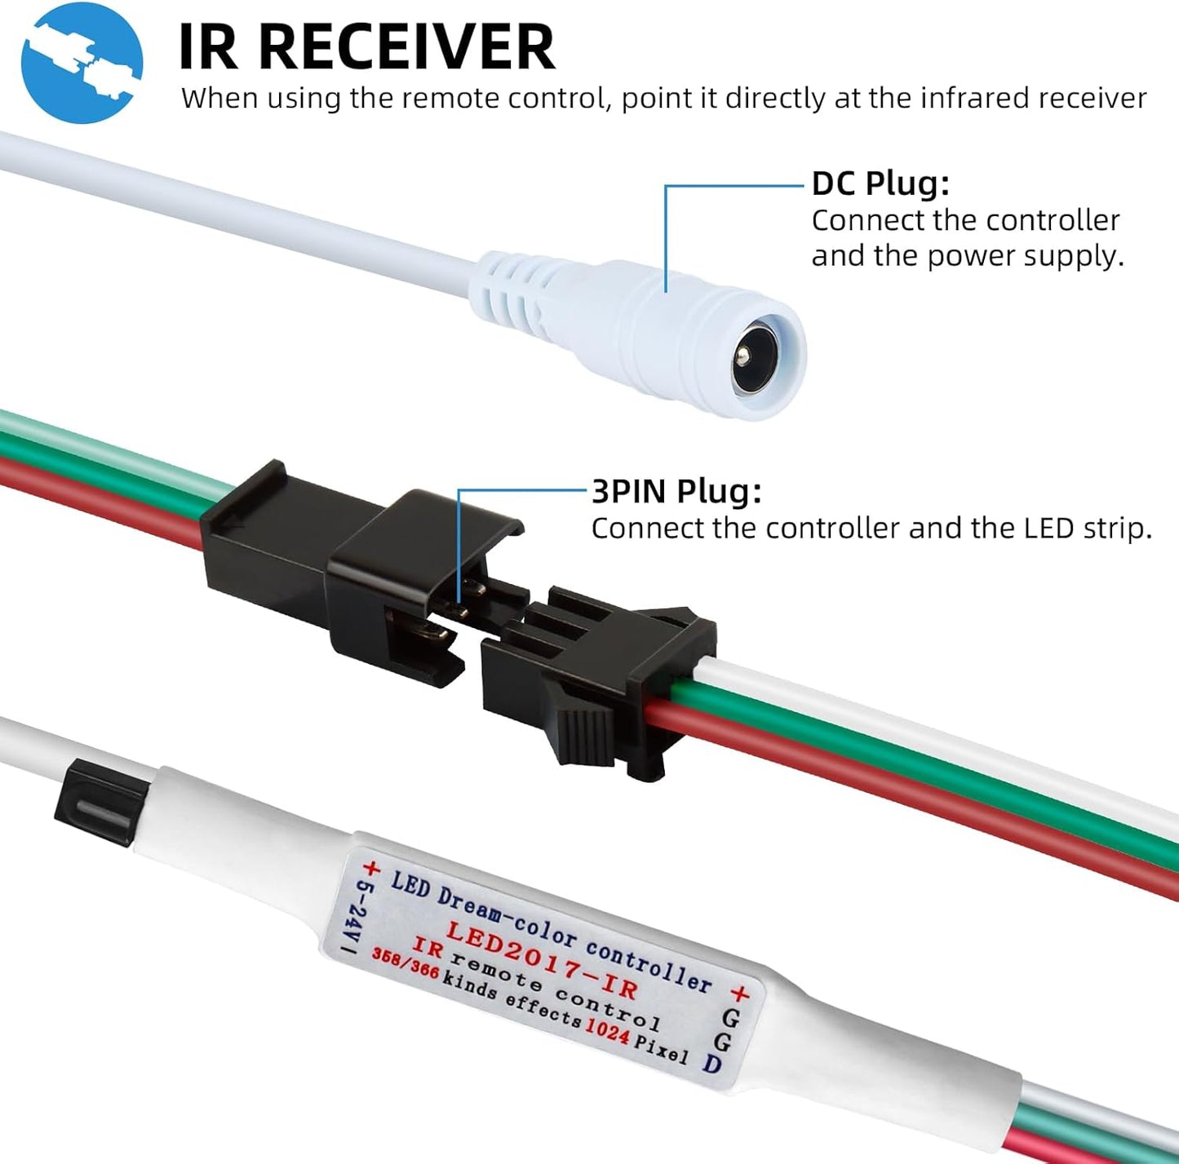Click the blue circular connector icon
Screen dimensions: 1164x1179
[x=82, y=62]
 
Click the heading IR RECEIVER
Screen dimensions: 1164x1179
[x=366, y=47]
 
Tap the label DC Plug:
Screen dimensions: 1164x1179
[x=880, y=184]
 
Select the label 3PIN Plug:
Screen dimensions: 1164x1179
[x=676, y=492]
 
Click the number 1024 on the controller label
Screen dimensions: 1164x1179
[x=608, y=1032]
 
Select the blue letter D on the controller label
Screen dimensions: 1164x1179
[x=712, y=1064]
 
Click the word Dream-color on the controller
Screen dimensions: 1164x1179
[x=506, y=917]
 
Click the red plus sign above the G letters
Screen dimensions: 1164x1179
[x=739, y=993]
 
